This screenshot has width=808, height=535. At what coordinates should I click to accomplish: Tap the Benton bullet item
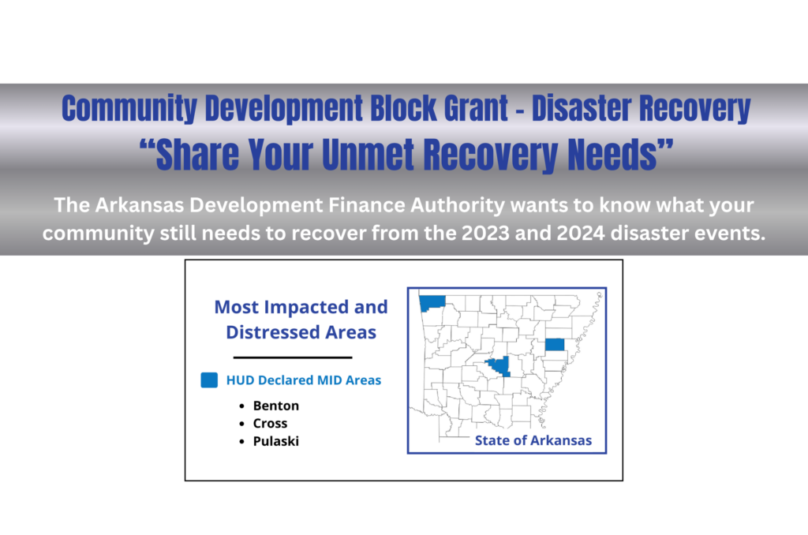click(x=276, y=406)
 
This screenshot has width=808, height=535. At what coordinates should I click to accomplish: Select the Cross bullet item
click(x=270, y=424)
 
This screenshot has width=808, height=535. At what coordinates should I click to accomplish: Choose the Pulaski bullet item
click(x=276, y=441)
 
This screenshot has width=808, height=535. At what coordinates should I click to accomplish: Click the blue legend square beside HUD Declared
click(x=209, y=380)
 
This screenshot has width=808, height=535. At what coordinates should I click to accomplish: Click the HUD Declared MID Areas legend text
click(x=304, y=380)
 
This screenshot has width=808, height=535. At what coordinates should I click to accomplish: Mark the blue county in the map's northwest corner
click(x=432, y=302)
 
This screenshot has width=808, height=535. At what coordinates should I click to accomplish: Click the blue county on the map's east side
click(x=555, y=344)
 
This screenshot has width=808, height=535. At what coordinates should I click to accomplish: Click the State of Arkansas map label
click(x=533, y=440)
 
